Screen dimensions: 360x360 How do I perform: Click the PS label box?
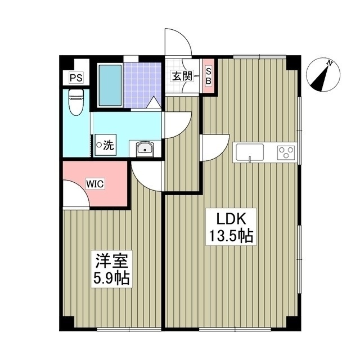[75, 78]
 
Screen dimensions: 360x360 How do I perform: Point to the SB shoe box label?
[208, 76]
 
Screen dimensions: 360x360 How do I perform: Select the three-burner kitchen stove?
[286, 152]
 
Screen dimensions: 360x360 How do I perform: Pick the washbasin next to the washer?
[145, 149]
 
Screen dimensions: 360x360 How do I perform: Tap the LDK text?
[228, 219]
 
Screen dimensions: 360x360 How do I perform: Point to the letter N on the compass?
[331, 63]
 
